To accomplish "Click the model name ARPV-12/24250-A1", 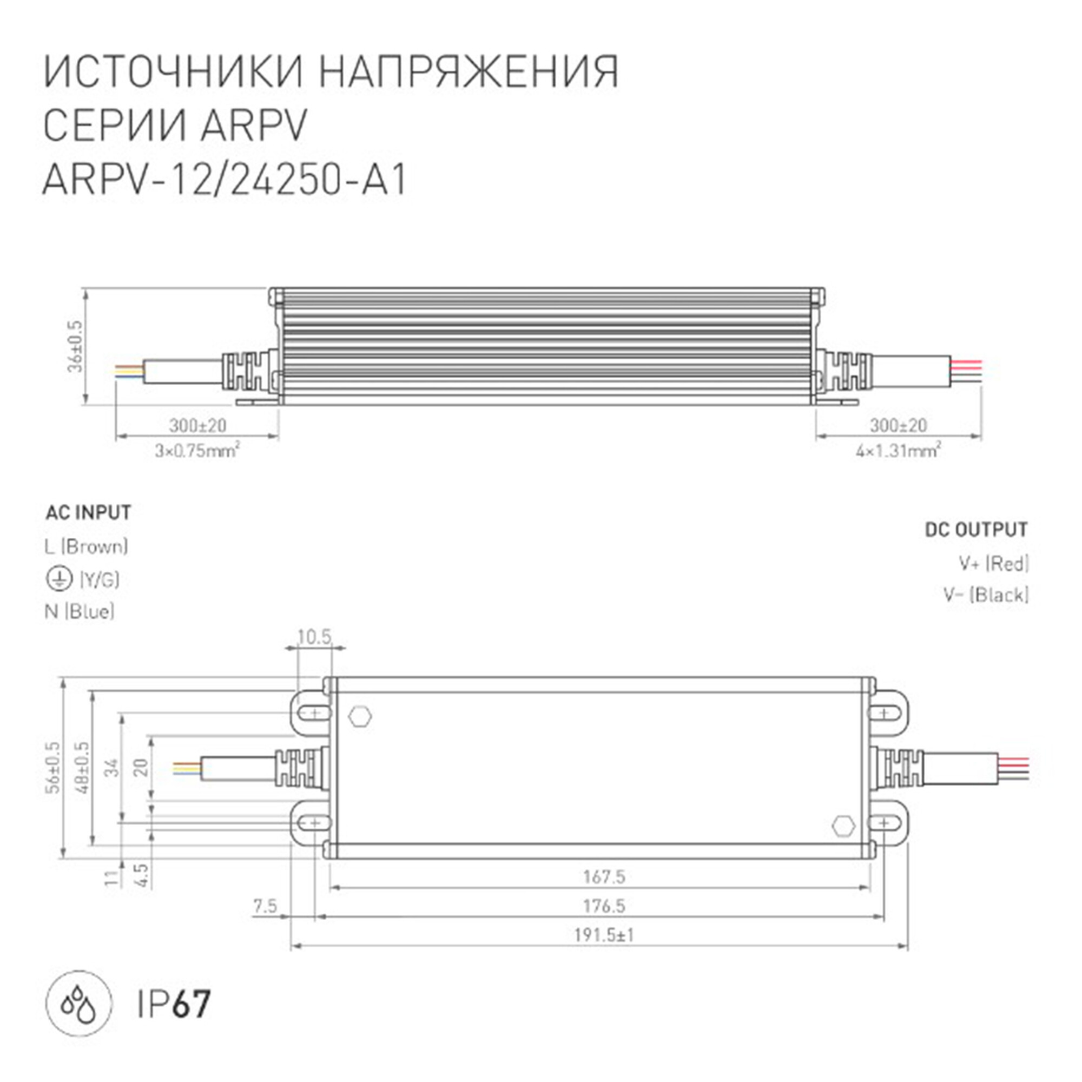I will coord(224,181).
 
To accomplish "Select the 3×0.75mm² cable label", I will coord(197,450).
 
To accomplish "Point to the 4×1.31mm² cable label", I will coord(898,450).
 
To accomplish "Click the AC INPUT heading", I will coord(89,512).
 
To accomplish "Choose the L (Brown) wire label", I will coord(86,546).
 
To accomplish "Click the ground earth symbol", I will coord(59,579).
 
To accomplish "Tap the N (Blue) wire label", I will coord(80,611).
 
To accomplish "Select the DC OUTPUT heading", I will coord(976,530).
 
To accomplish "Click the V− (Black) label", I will coord(986,595).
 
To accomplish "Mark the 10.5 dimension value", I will coord(314,637).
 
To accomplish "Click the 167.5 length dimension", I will coord(604,876).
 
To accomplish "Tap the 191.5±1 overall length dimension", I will coord(604,935).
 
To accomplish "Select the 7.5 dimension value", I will coord(265,906).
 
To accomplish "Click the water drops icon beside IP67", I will coord(79,1004).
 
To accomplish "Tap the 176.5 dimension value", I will coord(604,906).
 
